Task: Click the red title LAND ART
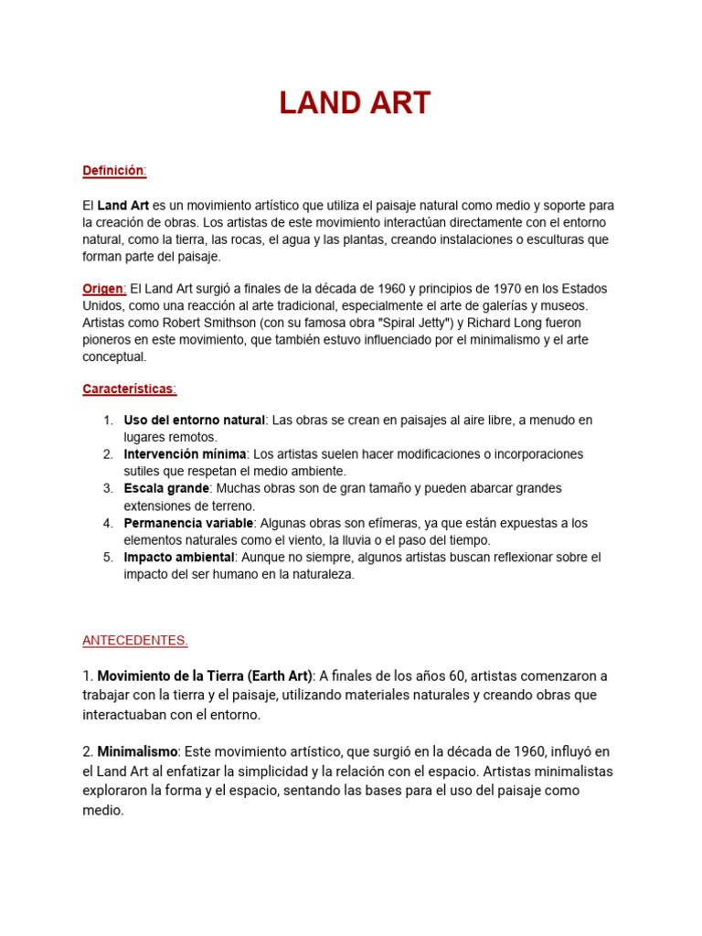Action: [355, 103]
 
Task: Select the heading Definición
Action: [113, 171]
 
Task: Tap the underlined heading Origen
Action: [101, 289]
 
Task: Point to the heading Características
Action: [128, 388]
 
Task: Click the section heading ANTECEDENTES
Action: [134, 640]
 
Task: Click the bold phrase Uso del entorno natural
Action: [194, 420]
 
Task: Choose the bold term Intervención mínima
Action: [185, 454]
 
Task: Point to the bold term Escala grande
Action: [166, 488]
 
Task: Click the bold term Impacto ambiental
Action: [179, 557]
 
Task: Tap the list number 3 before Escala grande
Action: [107, 488]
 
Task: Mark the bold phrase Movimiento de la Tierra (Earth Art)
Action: [204, 676]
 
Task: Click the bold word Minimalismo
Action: [137, 751]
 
